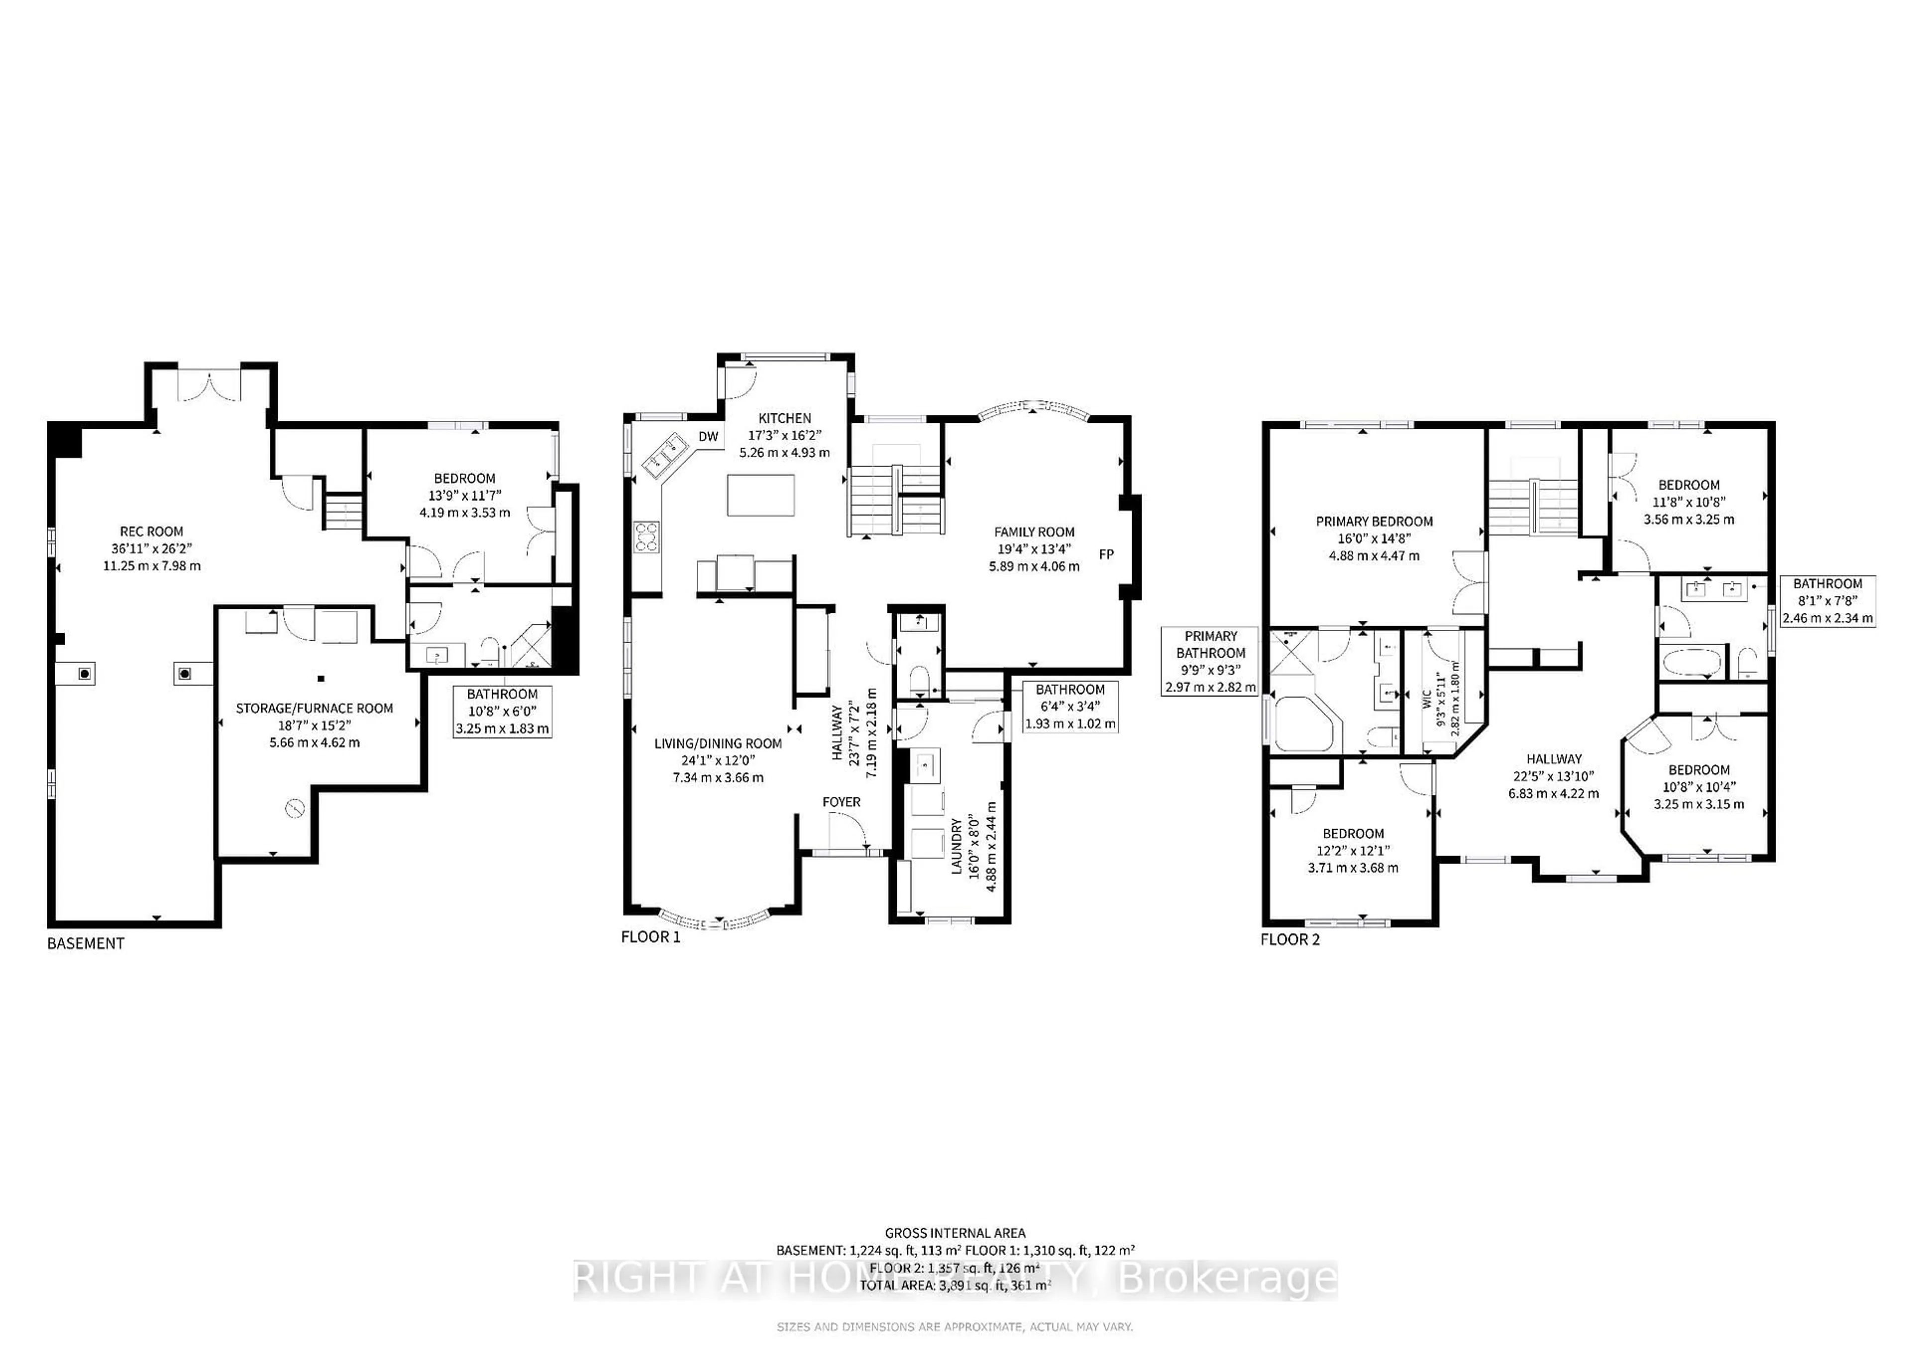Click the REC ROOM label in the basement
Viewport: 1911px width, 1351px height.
[151, 531]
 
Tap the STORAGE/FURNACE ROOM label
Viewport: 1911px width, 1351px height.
[314, 708]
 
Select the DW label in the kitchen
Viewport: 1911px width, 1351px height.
[708, 437]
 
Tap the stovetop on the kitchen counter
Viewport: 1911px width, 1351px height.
[646, 537]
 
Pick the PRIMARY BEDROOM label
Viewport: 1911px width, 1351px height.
[1374, 522]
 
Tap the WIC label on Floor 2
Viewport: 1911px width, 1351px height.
[1427, 699]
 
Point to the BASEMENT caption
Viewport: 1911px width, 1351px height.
[85, 944]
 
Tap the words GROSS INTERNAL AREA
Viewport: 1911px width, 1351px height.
[955, 1233]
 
